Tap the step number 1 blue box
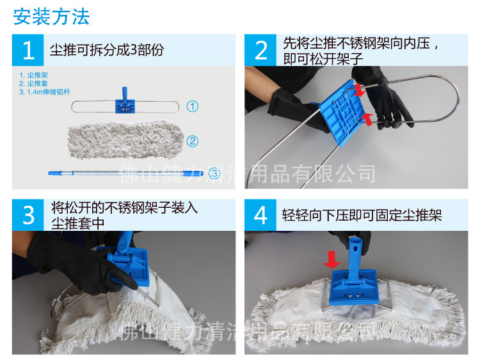(x=28, y=50)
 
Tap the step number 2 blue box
(x=260, y=50)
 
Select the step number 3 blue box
(x=28, y=215)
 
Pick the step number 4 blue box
(x=260, y=215)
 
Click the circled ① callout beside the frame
(x=192, y=107)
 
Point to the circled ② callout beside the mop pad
(x=192, y=141)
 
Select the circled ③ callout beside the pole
(x=214, y=173)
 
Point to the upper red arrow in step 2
(x=360, y=91)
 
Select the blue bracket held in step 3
(x=131, y=262)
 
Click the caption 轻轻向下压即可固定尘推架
(x=362, y=215)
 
